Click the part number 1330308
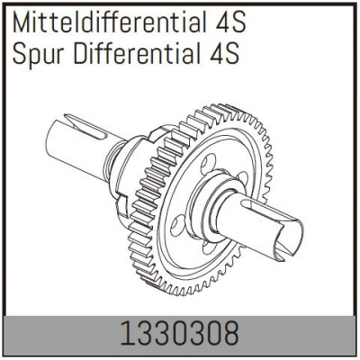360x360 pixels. [x=180, y=335]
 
